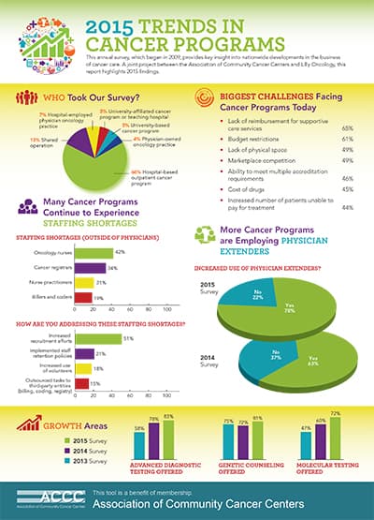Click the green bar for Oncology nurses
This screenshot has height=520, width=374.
tap(93, 252)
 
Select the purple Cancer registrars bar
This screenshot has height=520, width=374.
tap(90, 267)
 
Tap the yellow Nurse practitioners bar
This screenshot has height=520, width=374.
tap(84, 282)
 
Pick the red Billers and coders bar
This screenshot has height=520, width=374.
tap(83, 297)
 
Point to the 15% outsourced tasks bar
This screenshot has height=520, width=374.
tap(81, 384)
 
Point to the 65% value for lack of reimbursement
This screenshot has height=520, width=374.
tap(347, 126)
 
